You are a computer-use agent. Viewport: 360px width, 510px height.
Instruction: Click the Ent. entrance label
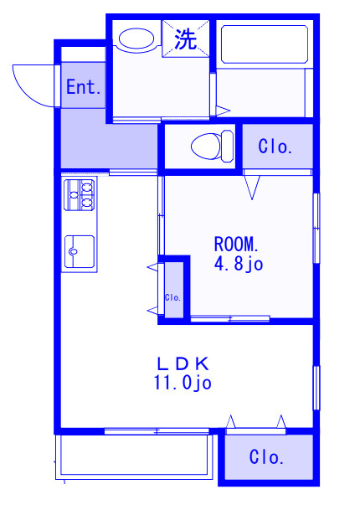83,87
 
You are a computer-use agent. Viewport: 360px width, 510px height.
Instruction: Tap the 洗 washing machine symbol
186,39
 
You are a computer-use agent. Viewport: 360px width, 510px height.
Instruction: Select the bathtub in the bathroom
265,44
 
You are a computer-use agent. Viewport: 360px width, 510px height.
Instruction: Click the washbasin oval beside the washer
136,39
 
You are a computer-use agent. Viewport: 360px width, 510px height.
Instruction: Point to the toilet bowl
212,147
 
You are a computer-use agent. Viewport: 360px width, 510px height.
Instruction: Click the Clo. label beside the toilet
275,147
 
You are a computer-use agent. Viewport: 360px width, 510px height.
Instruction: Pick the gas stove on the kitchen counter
80,194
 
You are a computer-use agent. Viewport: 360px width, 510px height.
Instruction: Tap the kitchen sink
80,251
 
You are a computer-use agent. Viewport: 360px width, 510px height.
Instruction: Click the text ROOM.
236,245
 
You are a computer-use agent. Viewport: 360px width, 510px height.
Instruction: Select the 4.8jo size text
239,264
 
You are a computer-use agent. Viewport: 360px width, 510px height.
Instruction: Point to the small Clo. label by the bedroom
172,297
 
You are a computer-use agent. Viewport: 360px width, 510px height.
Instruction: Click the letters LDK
183,363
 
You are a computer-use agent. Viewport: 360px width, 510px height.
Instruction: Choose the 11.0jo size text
183,383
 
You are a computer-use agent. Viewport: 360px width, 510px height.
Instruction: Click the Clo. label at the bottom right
266,457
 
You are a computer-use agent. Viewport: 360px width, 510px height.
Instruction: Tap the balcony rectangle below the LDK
134,455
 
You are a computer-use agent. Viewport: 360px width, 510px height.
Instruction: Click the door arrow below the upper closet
252,188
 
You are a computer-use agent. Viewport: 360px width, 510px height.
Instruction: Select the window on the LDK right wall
316,388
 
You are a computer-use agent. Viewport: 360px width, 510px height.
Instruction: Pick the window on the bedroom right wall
316,228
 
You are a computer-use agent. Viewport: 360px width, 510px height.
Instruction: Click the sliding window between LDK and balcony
157,431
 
